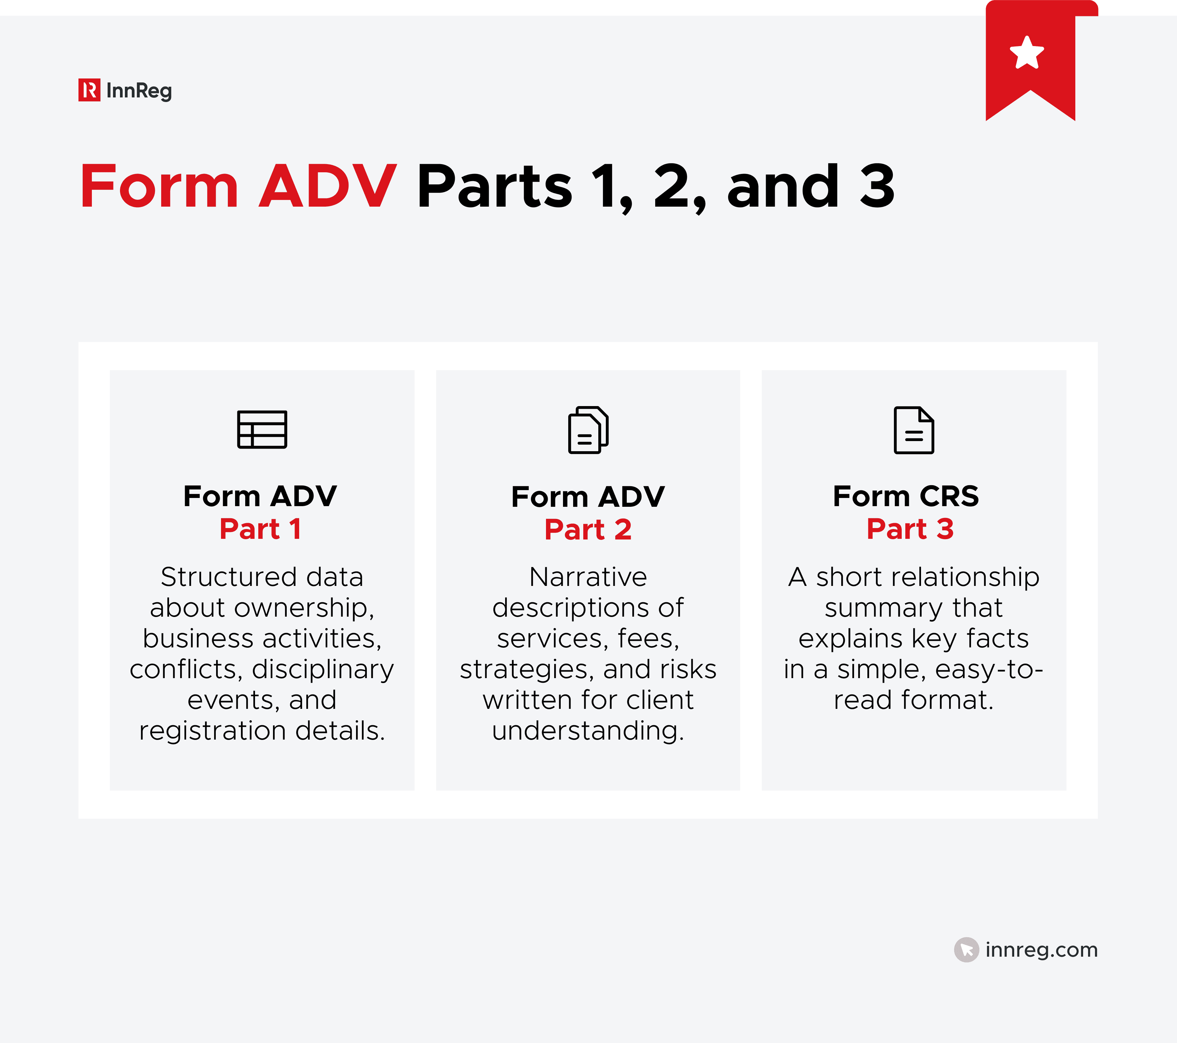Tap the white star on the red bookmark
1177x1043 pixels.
(x=1027, y=53)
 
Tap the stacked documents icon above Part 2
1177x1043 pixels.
(x=588, y=430)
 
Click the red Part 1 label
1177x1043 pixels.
(x=260, y=529)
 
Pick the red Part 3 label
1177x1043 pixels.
(x=910, y=529)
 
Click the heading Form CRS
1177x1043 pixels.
(x=906, y=496)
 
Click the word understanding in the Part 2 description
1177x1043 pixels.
(x=588, y=731)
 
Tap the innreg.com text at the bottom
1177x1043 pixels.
(x=1041, y=949)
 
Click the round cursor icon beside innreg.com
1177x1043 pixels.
(x=966, y=949)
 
